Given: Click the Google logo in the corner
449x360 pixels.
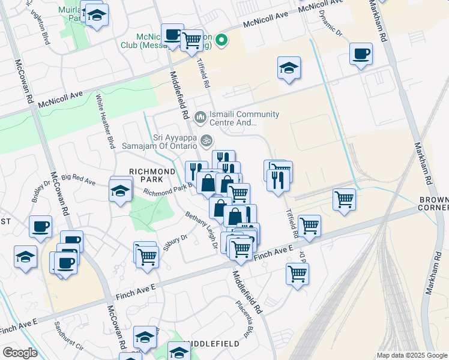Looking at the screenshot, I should point(20,353).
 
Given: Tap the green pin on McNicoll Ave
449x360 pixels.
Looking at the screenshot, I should point(221,40).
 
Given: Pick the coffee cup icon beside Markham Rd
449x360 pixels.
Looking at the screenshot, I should point(361,55).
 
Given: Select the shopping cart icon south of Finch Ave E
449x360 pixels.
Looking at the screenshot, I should point(297,274).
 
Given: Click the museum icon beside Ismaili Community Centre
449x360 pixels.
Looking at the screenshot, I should point(200,115).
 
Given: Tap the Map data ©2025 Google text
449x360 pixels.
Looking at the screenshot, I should point(412,355).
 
